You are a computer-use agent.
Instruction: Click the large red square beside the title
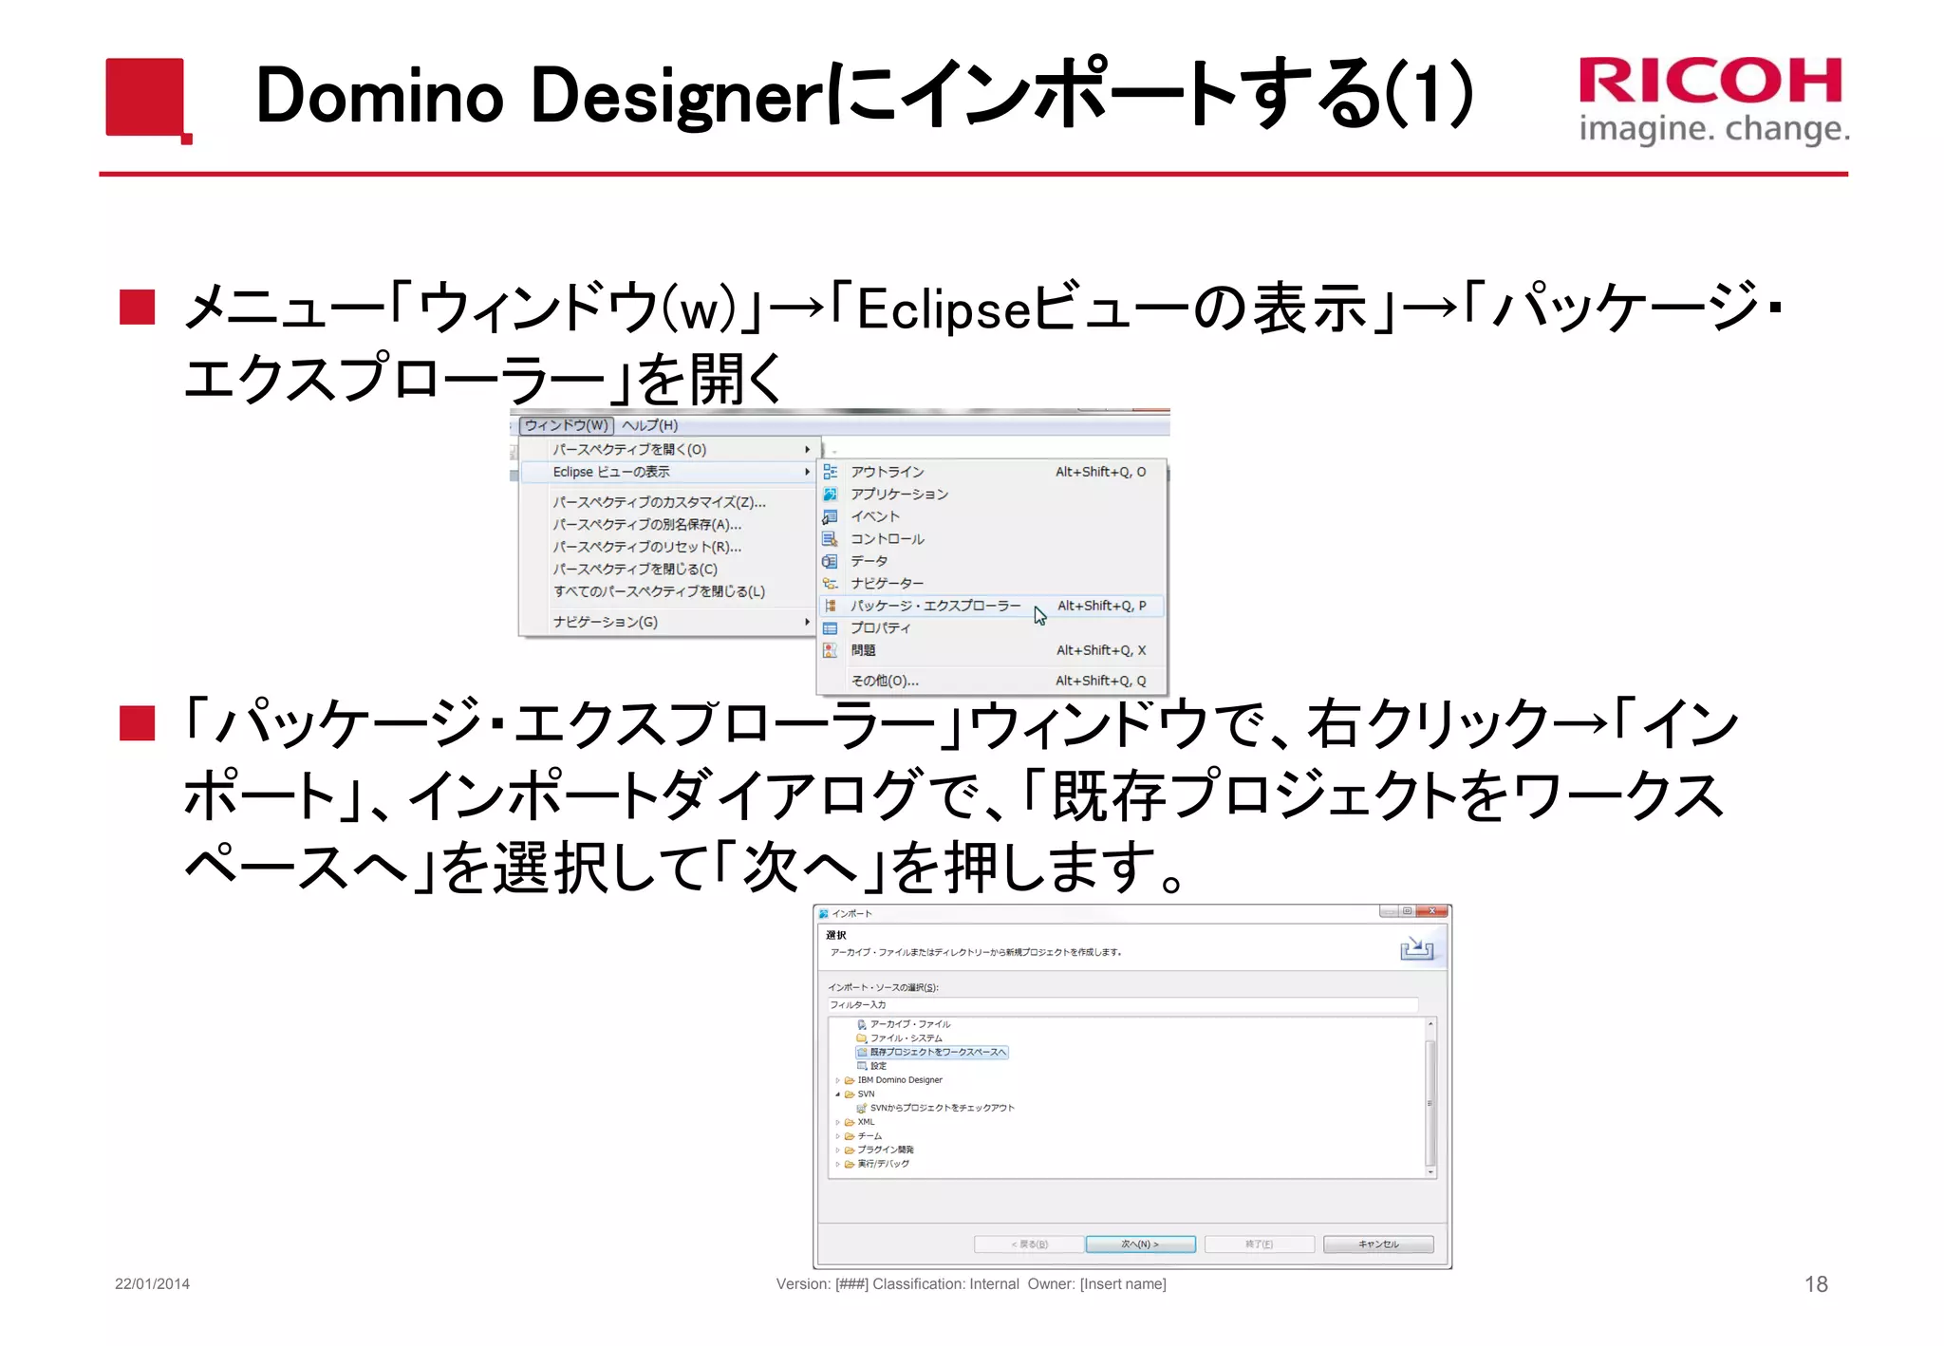point(145,97)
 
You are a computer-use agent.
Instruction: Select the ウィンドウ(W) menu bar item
point(567,425)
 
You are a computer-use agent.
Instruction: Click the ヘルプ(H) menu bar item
point(650,425)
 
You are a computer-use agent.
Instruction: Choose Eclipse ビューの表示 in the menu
point(611,472)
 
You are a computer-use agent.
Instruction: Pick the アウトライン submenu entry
point(887,472)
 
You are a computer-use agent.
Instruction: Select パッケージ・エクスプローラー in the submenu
point(935,606)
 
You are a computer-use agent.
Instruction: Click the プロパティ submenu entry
point(880,628)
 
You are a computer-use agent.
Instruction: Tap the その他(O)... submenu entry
point(885,681)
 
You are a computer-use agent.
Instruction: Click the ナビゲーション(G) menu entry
point(606,622)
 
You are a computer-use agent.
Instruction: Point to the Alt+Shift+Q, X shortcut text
point(1101,650)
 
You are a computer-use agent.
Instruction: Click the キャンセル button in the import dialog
point(1378,1244)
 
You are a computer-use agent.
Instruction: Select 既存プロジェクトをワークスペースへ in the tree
point(938,1052)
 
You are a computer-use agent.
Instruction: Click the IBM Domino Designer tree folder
point(899,1080)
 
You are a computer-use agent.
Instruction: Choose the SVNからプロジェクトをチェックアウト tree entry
point(942,1108)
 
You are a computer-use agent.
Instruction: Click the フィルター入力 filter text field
point(1120,1004)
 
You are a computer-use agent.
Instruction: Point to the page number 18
point(1816,1284)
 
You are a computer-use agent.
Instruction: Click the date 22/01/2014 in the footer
point(152,1284)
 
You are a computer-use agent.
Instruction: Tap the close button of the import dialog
point(1431,911)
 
